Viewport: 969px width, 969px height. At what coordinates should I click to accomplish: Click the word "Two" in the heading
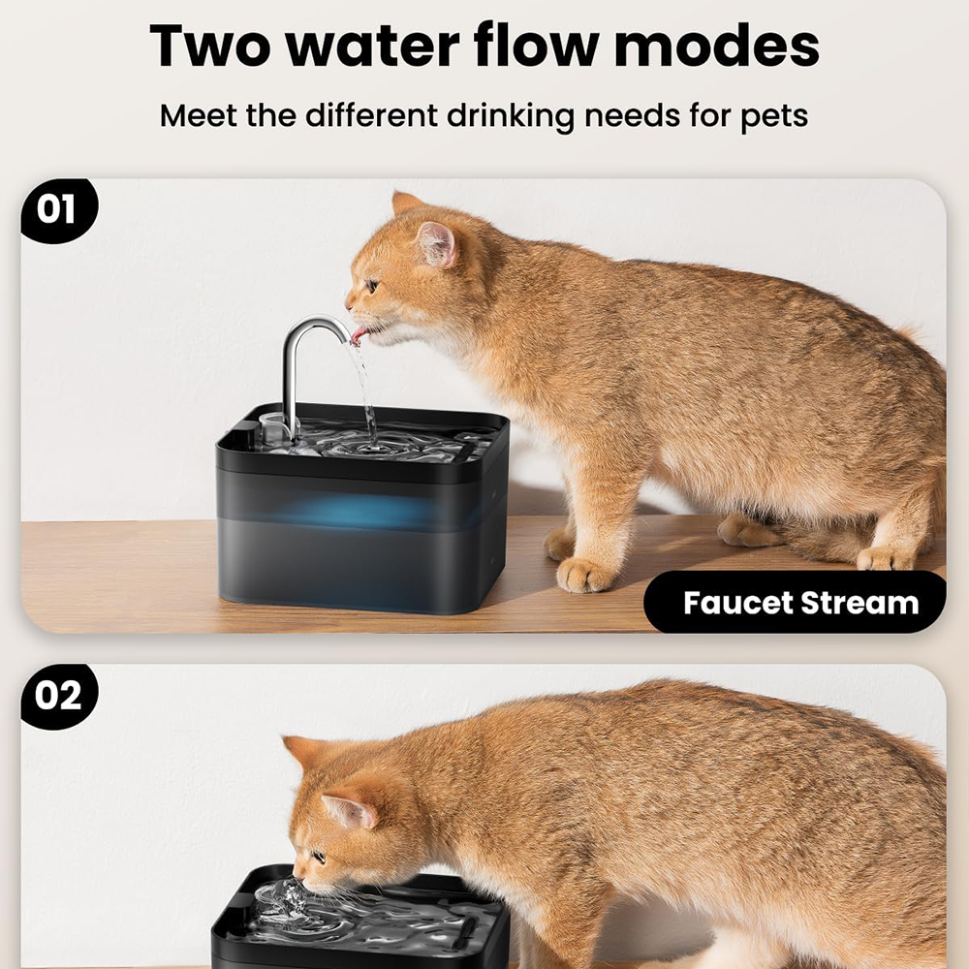coord(210,46)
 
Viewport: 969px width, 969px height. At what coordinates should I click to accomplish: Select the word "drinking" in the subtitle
coord(511,116)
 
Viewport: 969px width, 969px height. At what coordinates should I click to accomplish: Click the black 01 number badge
coord(58,210)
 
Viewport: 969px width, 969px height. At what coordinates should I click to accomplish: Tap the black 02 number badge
coord(58,696)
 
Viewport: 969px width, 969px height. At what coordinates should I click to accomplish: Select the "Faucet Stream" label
coord(800,603)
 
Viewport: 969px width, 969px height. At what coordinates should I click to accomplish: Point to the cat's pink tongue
coord(359,335)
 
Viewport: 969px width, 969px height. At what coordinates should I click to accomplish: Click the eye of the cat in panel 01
coord(373,286)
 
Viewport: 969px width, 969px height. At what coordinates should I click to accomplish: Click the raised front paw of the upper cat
coord(584,575)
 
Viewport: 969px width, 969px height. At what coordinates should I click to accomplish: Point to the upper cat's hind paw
coord(885,558)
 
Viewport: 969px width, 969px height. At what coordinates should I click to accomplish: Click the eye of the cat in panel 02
coord(319,857)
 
